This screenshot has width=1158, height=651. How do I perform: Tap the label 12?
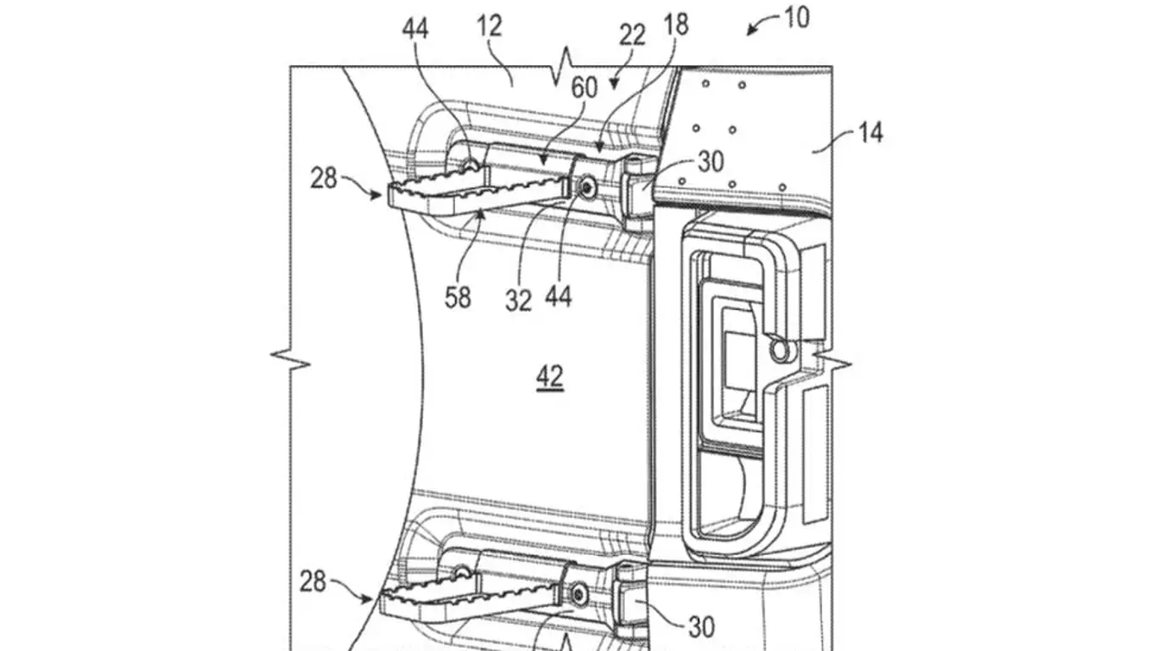click(490, 25)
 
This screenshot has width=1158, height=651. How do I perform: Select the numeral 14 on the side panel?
click(869, 133)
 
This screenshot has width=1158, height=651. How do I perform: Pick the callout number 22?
click(632, 36)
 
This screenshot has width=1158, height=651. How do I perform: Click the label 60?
click(583, 87)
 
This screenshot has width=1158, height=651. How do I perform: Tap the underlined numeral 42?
click(549, 377)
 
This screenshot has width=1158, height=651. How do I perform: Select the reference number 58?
click(457, 298)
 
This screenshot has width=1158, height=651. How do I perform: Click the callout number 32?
click(519, 298)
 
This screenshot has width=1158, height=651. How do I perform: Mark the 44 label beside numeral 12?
click(415, 30)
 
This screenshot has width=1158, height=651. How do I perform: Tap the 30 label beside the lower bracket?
click(702, 627)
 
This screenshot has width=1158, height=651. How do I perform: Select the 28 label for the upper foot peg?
click(323, 180)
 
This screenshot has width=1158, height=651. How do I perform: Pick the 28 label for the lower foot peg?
click(313, 582)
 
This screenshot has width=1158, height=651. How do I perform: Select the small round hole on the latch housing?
click(777, 348)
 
